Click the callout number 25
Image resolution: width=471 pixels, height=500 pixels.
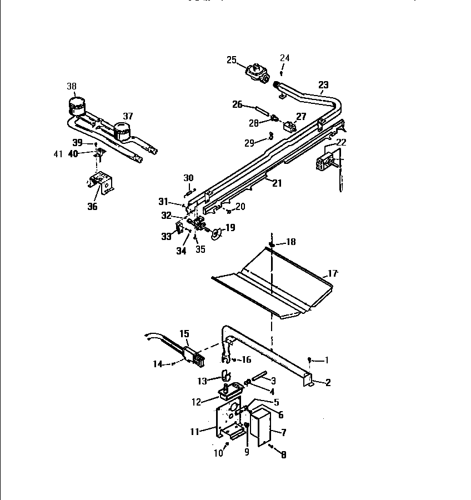pyautogui.click(x=232, y=60)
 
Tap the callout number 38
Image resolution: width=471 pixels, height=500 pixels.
pyautogui.click(x=72, y=86)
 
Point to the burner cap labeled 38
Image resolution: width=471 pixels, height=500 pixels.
pyautogui.click(x=77, y=104)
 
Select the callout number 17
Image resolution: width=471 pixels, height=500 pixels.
pyautogui.click(x=332, y=273)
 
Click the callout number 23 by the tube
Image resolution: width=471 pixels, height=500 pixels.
pyautogui.click(x=323, y=85)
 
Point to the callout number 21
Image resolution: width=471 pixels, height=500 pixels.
pyautogui.click(x=277, y=183)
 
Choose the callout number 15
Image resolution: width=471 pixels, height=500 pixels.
pyautogui.click(x=184, y=334)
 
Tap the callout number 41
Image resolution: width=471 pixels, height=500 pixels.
pyautogui.click(x=58, y=154)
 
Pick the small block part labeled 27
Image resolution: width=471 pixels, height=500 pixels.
pyautogui.click(x=289, y=126)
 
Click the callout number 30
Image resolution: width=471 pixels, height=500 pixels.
pyautogui.click(x=189, y=178)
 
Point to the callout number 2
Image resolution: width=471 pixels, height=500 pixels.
pyautogui.click(x=328, y=382)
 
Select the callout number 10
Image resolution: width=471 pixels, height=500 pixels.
pyautogui.click(x=218, y=453)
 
